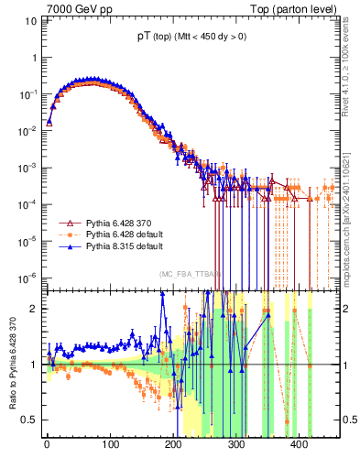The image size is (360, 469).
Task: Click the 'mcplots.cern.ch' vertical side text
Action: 352,211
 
